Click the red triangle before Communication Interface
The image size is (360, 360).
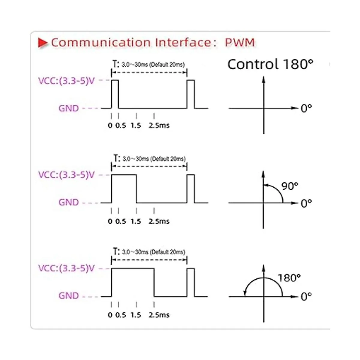[x=42, y=43]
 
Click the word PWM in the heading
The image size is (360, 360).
[x=240, y=42]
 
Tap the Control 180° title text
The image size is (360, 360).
[x=270, y=64]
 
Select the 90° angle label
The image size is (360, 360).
[x=289, y=186]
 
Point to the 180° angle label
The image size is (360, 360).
[x=289, y=278]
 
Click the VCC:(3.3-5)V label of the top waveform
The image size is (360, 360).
[x=67, y=81]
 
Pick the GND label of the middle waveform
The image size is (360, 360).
[x=69, y=202]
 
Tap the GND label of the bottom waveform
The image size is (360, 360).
[x=69, y=296]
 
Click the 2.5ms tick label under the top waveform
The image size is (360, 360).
[x=159, y=125]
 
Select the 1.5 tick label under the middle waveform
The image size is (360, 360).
[x=136, y=221]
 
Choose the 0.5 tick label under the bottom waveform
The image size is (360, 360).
[x=121, y=315]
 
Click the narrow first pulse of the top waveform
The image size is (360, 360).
[x=115, y=94]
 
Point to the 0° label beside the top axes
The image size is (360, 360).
[x=306, y=108]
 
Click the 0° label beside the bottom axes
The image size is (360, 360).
[x=306, y=297]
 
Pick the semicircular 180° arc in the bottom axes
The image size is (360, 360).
[x=263, y=279]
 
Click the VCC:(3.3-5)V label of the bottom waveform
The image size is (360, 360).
[x=67, y=268]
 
